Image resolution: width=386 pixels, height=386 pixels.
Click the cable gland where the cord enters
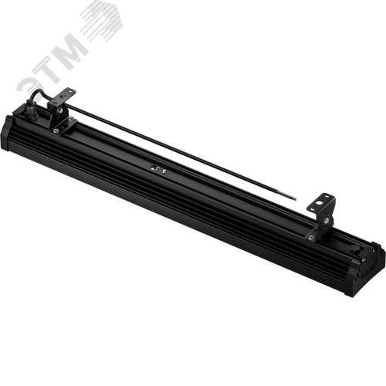pos(31,111)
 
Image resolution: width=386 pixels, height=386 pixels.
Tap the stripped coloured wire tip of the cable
pos(293,198)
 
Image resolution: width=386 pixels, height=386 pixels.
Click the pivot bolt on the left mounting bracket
pos(60,110)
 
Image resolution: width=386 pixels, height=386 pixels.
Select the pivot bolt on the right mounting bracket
pos(327,220)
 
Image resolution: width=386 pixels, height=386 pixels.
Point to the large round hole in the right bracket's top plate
pos(319,203)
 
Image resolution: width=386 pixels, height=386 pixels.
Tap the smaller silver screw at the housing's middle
pos(164,171)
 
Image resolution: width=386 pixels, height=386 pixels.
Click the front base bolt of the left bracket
pos(56,131)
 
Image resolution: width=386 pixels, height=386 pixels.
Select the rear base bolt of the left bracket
pos(71,119)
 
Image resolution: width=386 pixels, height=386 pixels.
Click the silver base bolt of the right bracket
pos(311,237)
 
